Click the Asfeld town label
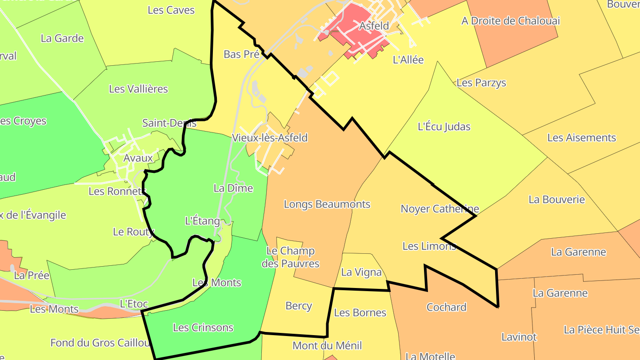point(374,26)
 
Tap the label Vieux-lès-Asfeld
point(270,138)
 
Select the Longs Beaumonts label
point(327,204)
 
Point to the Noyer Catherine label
point(440,208)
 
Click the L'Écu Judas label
point(444,127)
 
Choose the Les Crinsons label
point(203,328)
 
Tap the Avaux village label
point(138,158)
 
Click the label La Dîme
point(233,188)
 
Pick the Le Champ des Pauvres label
point(290,257)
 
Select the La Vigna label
point(361,272)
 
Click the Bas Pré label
point(241,54)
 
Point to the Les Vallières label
point(138,89)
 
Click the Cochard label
point(446,307)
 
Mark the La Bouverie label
point(556,200)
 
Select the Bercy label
point(299,306)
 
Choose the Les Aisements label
point(581,138)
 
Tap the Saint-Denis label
point(169,123)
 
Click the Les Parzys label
point(481,83)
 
